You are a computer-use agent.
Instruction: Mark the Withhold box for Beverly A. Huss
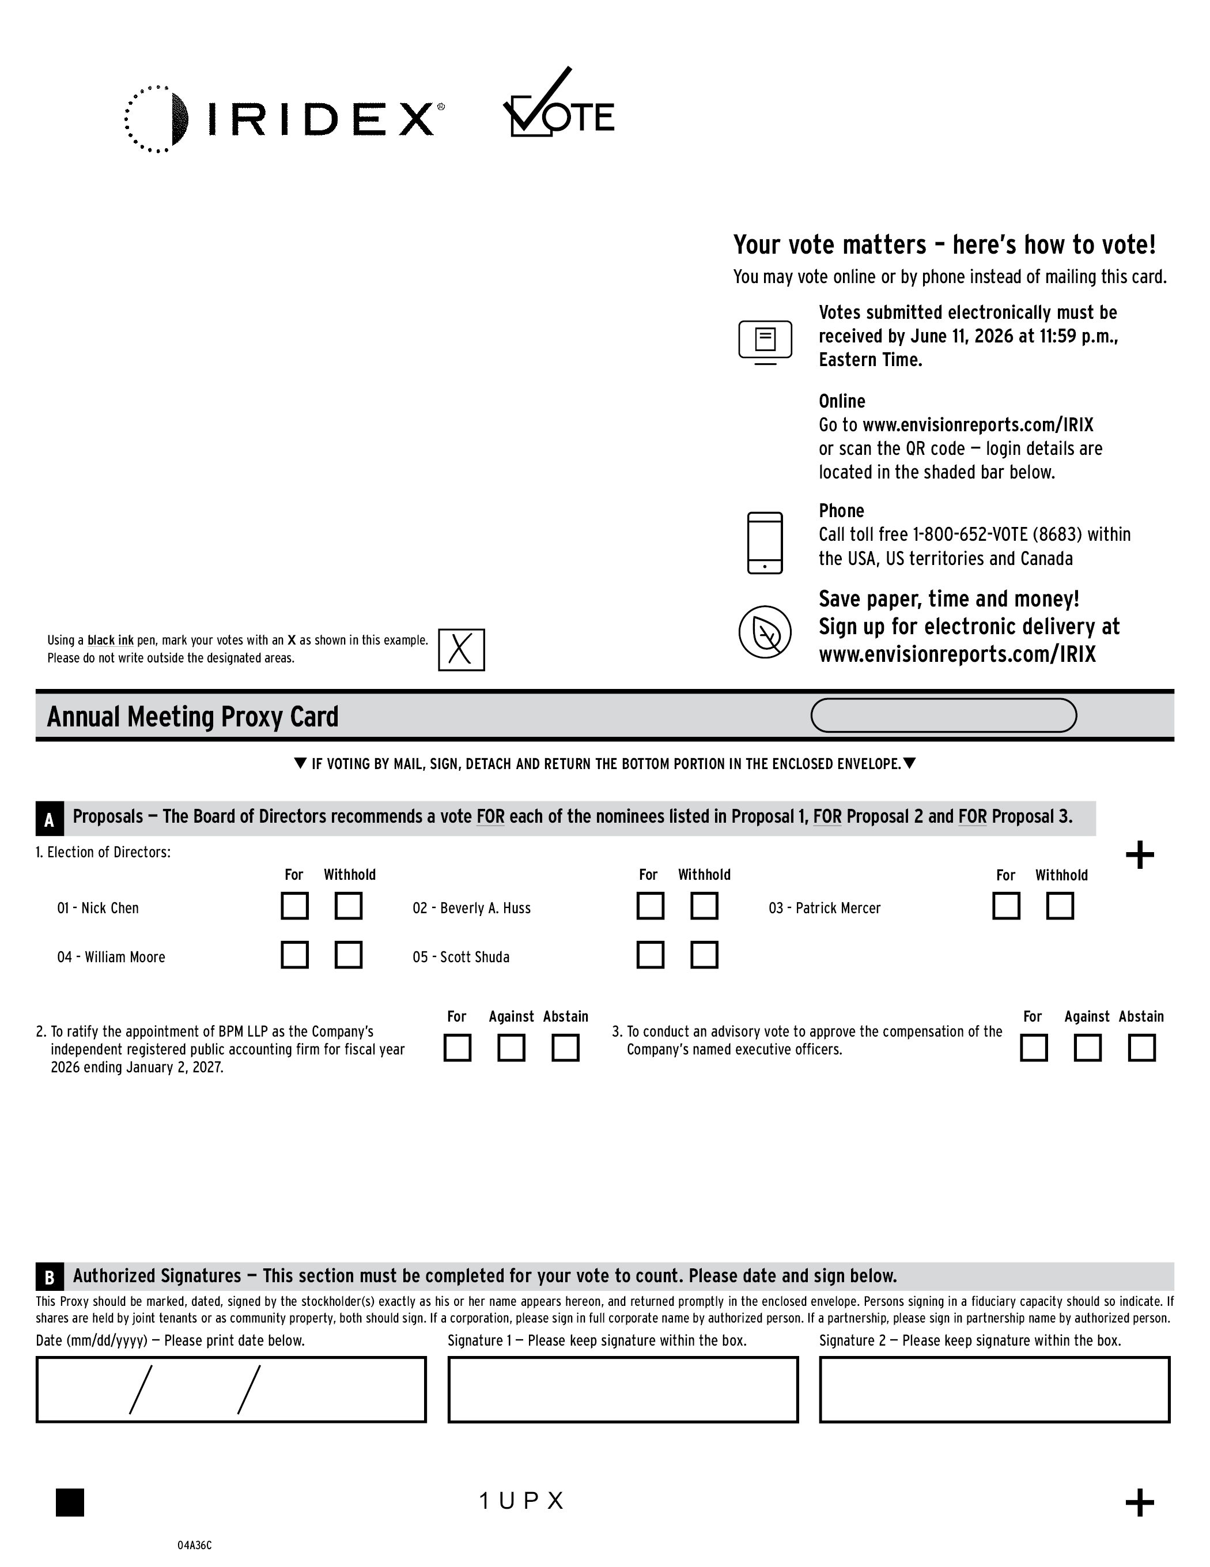click(x=704, y=906)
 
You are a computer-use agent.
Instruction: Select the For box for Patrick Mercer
click(x=1006, y=906)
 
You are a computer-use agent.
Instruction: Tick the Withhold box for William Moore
click(x=349, y=955)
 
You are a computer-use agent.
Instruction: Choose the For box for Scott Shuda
click(x=651, y=955)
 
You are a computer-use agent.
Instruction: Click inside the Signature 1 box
click(x=622, y=1389)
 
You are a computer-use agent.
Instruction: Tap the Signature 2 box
click(x=994, y=1389)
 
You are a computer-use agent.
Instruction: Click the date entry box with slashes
click(x=231, y=1389)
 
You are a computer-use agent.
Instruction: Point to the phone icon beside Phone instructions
click(x=765, y=543)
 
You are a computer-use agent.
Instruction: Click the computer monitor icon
click(x=765, y=341)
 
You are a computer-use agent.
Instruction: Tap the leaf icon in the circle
click(x=765, y=632)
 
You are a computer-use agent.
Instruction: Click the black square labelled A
click(x=50, y=819)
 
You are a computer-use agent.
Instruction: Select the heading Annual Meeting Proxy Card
click(x=192, y=717)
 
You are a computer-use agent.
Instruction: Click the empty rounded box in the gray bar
click(x=943, y=715)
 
